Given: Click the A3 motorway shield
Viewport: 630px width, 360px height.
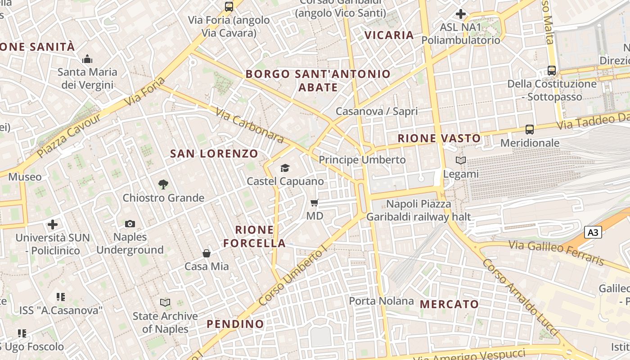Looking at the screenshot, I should coord(593,232).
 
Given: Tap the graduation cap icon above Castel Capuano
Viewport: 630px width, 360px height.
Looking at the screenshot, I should coord(285,168).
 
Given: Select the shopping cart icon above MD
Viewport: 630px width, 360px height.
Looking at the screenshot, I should coord(315,203).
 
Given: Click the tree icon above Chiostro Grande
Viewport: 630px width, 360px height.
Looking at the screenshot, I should coord(163,184).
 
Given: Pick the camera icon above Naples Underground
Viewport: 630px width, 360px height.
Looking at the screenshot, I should coord(130,224).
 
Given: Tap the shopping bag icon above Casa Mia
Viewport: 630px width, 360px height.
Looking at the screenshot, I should coord(207,253).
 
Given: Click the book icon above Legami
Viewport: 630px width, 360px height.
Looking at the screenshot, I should coord(461,161).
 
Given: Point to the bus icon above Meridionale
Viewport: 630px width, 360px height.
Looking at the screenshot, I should coord(530,130).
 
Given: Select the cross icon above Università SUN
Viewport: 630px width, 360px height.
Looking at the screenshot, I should coord(53,224).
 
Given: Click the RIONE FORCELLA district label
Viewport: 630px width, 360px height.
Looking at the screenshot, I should coord(255,237).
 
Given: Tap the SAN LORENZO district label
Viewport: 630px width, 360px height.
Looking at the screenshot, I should coord(214,154).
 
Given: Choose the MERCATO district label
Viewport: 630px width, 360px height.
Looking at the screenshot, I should coord(449,305).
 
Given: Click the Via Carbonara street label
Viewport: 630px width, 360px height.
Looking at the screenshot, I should coord(249,125).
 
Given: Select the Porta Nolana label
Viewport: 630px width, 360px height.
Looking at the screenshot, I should coord(381,301).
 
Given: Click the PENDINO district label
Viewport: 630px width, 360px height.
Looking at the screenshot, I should coord(235,324).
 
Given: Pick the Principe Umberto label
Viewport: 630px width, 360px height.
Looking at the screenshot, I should coord(362,160).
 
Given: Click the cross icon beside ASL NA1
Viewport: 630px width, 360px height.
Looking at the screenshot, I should coord(460,14).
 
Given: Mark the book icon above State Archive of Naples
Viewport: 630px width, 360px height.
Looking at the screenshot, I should coord(165,303).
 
